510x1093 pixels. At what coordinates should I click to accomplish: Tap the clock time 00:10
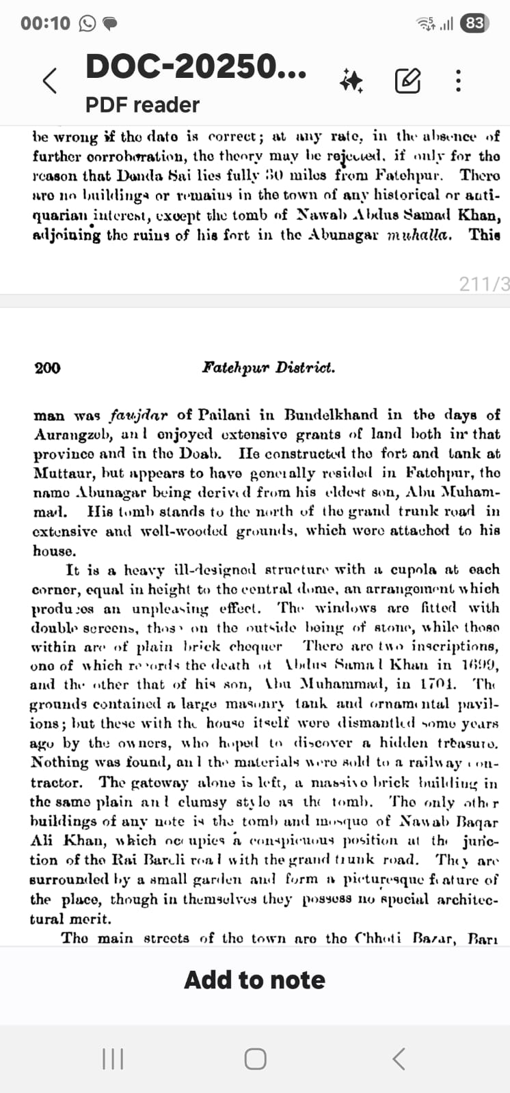[x=45, y=24]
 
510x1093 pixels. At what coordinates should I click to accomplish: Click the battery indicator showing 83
[x=474, y=23]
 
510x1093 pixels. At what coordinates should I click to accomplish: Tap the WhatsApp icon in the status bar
[x=88, y=24]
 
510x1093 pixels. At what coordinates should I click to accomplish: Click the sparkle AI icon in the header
[x=351, y=81]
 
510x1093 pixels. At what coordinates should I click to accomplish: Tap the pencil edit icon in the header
[x=407, y=81]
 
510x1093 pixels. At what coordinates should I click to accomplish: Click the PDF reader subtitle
[x=142, y=105]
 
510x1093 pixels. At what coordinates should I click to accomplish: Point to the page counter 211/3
[x=484, y=284]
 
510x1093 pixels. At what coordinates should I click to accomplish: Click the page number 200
[x=47, y=368]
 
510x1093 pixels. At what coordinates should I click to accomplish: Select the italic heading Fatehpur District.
[x=268, y=368]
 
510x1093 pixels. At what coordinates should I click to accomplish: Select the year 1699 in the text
[x=479, y=665]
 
